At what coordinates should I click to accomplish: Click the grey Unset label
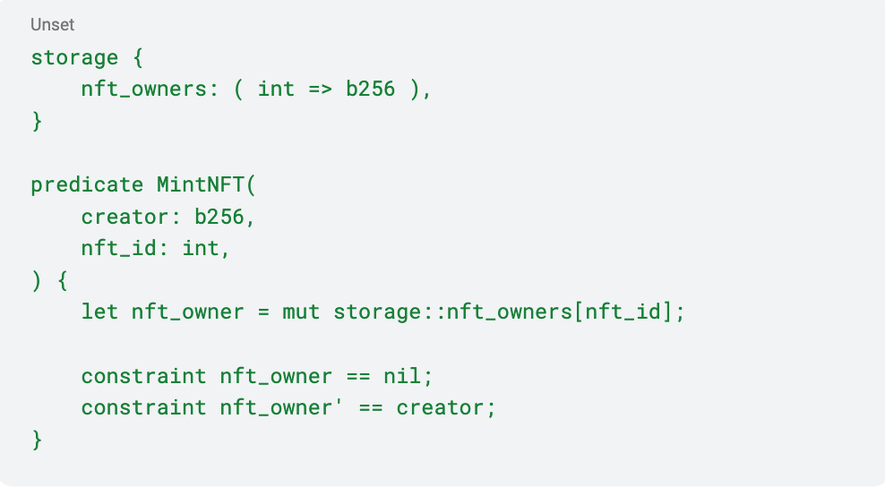coord(52,25)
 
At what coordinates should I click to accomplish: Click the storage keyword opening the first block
coord(74,57)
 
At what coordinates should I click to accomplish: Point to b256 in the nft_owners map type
coord(370,90)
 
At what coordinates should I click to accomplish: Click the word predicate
coord(87,184)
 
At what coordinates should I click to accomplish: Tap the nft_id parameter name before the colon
coord(118,249)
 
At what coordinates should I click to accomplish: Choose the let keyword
coord(99,312)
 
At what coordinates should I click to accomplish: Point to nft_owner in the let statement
coord(187,312)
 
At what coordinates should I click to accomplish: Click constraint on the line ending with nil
coord(143,376)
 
